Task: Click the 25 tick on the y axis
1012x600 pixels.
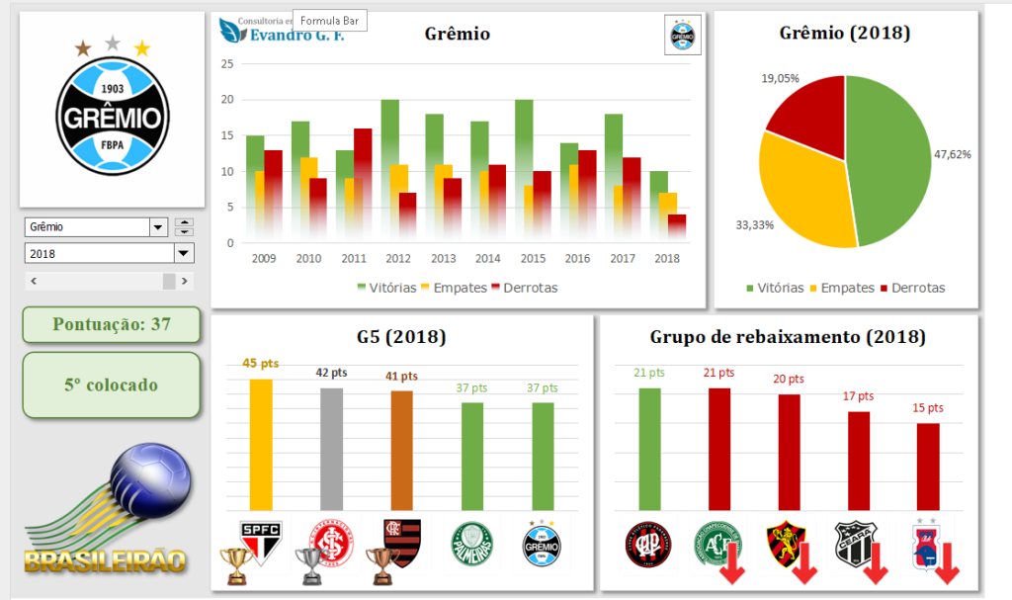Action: click(x=227, y=64)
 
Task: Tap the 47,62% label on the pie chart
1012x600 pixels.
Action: click(x=952, y=154)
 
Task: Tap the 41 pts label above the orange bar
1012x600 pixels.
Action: click(x=402, y=377)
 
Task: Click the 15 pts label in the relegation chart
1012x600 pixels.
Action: click(x=928, y=407)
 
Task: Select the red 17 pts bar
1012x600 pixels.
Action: click(x=859, y=460)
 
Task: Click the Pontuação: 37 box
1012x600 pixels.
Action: click(x=112, y=324)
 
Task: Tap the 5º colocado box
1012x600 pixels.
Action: click(x=112, y=385)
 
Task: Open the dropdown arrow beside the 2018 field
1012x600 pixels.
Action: click(x=183, y=253)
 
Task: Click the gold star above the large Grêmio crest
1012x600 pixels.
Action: click(x=142, y=47)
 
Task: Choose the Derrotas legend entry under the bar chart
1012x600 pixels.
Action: click(x=524, y=288)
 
